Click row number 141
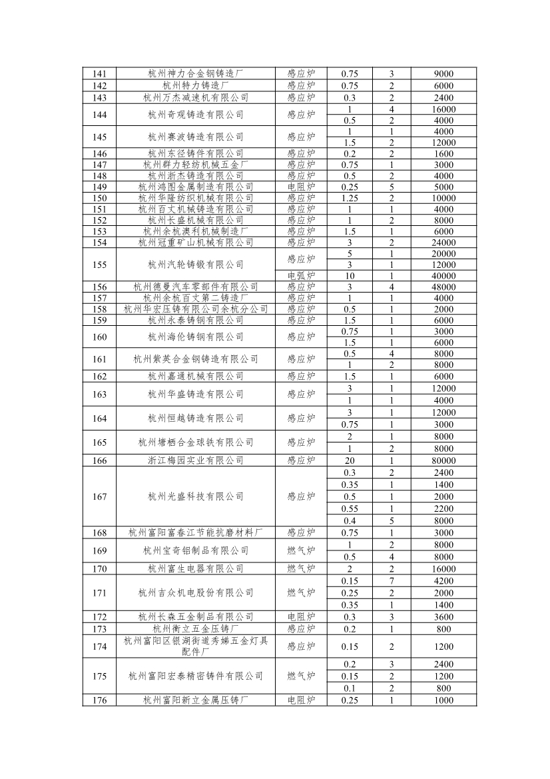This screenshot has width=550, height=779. [x=99, y=74]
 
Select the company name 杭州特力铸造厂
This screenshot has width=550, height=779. [x=196, y=86]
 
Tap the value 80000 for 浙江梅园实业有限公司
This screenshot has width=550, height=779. [x=443, y=460]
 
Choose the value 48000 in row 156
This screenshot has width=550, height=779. [x=443, y=287]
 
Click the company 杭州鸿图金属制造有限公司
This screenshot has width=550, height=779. [x=196, y=187]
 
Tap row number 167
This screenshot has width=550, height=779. [x=99, y=496]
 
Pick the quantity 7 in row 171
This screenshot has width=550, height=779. [x=392, y=581]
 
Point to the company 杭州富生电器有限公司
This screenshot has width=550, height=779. [x=196, y=569]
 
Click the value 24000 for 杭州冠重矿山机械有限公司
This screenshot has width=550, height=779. [x=443, y=243]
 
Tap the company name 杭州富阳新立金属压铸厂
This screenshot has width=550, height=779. [x=196, y=700]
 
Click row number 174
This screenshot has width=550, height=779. [x=99, y=646]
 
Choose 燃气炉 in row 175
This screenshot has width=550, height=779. [x=301, y=676]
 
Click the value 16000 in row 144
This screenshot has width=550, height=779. [x=443, y=109]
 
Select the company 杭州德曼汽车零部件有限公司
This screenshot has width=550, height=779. [x=196, y=287]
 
